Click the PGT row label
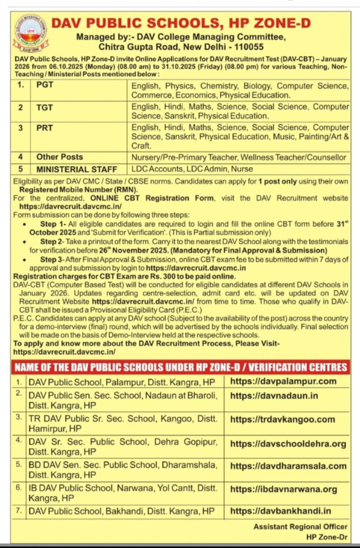click(x=45, y=85)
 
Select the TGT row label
click(x=44, y=107)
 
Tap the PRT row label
click(x=44, y=127)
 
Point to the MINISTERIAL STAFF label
click(x=76, y=169)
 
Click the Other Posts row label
click(x=59, y=157)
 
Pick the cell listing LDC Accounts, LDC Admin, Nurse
click(x=192, y=169)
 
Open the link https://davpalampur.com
click(x=283, y=381)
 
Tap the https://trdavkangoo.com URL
click(x=282, y=419)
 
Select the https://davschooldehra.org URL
click(x=288, y=443)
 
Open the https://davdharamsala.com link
click(x=288, y=466)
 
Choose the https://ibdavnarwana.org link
click(x=283, y=489)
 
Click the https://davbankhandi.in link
click(x=280, y=511)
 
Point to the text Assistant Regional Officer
click(x=300, y=526)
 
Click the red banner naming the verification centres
click(x=180, y=367)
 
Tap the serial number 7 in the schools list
click(x=18, y=511)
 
